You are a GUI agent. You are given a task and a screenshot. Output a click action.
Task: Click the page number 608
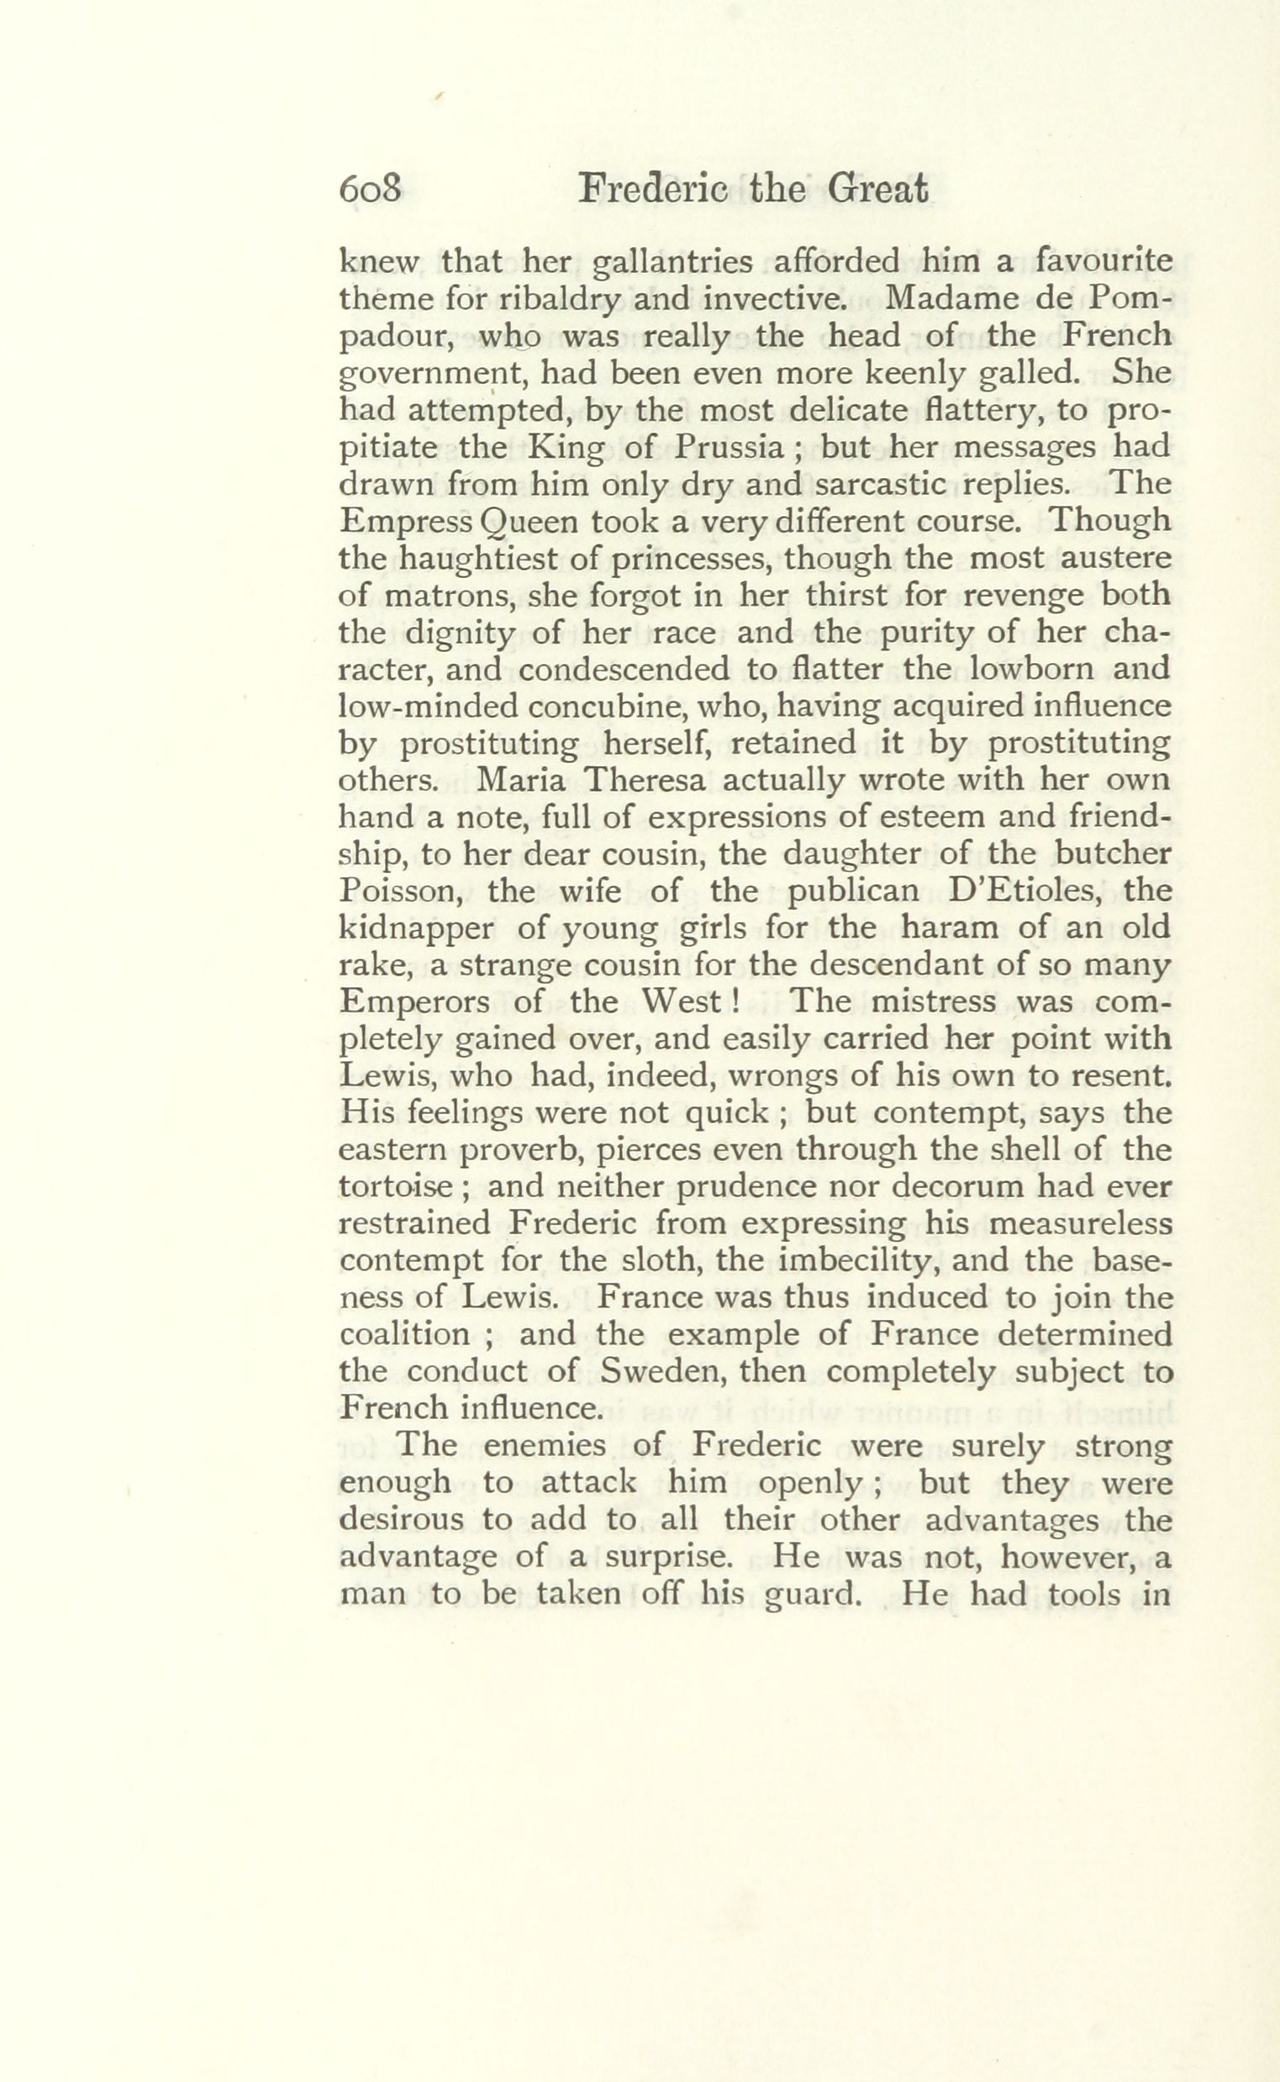click(369, 189)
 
